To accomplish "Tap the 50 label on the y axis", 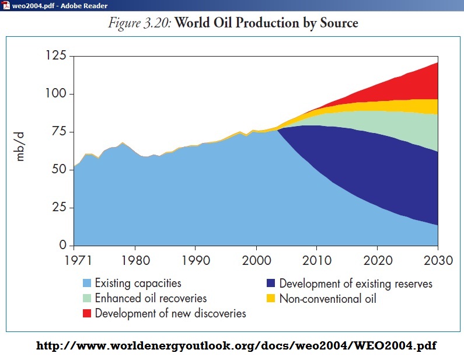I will coord(59,170).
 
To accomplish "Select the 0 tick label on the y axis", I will coord(63,246).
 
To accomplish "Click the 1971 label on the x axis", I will coord(74,260).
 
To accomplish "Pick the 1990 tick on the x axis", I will coord(196,260).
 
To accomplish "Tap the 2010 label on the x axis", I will coord(317,260).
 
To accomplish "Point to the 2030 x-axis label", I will coord(437,260).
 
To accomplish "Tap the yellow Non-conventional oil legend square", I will coord(271,299).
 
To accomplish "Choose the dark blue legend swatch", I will coord(271,284).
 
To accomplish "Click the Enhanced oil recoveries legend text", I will coord(151,299).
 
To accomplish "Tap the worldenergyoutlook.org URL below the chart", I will coord(236,345).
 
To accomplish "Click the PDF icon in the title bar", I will coord(5,5).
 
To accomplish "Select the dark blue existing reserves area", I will coord(374,175).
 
